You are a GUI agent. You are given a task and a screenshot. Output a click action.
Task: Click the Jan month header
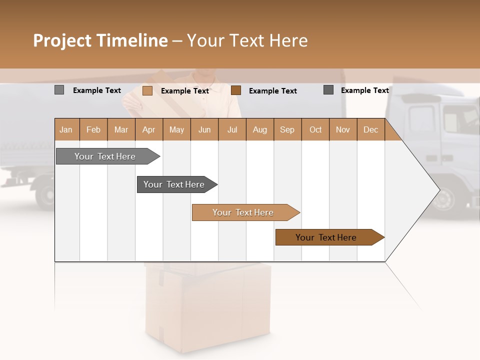(x=66, y=129)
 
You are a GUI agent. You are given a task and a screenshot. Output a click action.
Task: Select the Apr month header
(x=148, y=129)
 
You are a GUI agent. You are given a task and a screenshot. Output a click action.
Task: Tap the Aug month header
(x=259, y=129)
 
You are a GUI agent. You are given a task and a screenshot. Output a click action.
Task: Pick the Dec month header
(x=370, y=129)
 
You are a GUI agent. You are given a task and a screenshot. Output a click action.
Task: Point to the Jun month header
(x=204, y=129)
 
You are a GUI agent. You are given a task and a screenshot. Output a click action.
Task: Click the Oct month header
(x=315, y=129)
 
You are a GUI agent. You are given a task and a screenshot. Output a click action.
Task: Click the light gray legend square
(x=59, y=90)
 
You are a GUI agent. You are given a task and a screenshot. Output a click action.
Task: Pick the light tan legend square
(x=147, y=90)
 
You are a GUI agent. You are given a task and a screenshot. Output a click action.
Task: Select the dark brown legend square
(x=236, y=90)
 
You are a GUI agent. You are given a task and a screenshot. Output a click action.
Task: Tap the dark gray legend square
(x=328, y=89)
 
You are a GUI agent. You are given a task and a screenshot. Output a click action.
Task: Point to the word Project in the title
(x=62, y=40)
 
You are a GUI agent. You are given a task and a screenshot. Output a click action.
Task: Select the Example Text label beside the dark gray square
(x=364, y=90)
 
